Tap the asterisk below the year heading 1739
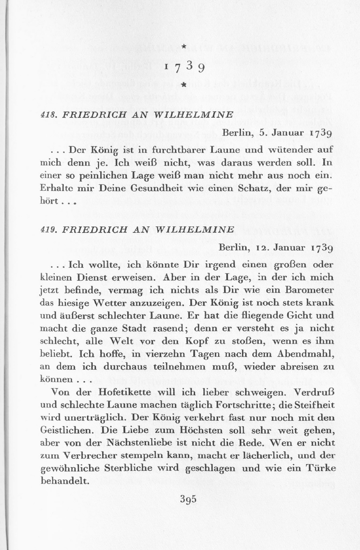coord(183,85)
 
